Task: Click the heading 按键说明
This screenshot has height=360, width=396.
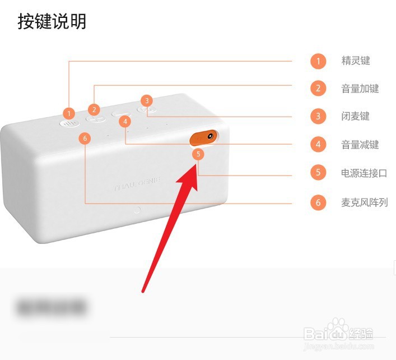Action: coord(52,22)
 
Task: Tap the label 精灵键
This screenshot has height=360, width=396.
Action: coord(356,61)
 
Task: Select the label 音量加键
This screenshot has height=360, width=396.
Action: coord(360,89)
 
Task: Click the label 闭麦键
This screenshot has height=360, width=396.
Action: coord(356,117)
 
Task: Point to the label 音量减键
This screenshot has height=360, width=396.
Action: coord(360,145)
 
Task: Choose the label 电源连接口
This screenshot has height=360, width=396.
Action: coord(364,173)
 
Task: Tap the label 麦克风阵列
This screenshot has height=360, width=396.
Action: coord(364,202)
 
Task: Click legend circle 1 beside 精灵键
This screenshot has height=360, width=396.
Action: coord(318,61)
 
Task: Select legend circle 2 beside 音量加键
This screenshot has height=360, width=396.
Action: coord(318,89)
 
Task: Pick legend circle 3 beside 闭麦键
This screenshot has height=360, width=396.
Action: coord(318,117)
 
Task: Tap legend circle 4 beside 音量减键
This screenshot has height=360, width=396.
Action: coord(318,145)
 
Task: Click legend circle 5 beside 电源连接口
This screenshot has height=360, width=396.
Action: coord(318,173)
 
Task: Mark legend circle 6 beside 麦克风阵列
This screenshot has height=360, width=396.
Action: coord(318,202)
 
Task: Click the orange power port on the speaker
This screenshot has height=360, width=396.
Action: coord(203,137)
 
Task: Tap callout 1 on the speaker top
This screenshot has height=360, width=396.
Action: coord(69,113)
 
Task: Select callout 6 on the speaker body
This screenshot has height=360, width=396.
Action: coord(85,138)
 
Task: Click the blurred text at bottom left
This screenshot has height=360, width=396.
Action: coord(51,307)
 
